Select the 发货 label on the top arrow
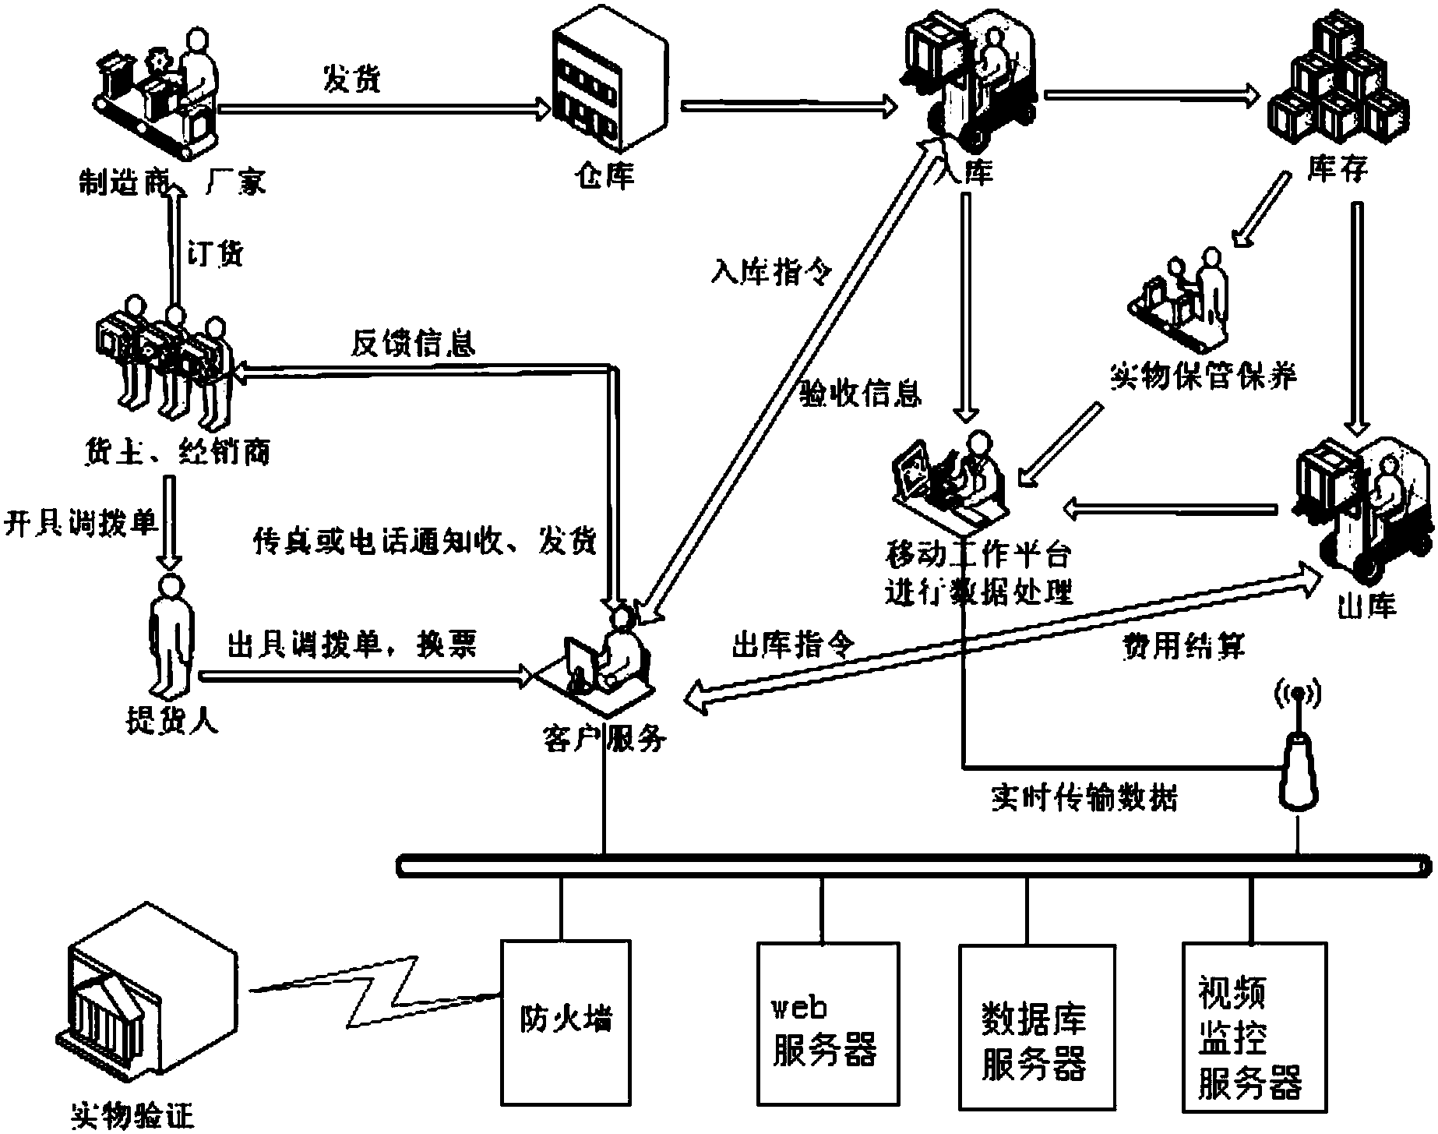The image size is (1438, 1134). click(x=352, y=79)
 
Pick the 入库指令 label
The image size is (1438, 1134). click(x=771, y=272)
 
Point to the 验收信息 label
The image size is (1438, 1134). click(x=861, y=394)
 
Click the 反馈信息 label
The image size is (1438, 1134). click(x=413, y=343)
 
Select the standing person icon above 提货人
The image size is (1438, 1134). click(x=170, y=636)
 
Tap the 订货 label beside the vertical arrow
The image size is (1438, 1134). click(x=216, y=254)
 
